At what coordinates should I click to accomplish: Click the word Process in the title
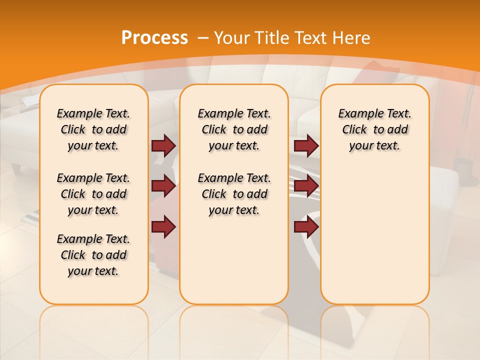coord(154,37)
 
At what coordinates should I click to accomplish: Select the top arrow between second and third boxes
coord(306,145)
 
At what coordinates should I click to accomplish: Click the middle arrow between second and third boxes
coord(306,186)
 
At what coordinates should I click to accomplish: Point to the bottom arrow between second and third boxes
coord(306,227)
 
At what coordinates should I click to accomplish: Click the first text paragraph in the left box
coord(93,129)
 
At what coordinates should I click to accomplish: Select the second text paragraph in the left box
coord(93,194)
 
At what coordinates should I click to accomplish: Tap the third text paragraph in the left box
coord(93,255)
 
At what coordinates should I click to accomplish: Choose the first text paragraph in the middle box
coord(234,129)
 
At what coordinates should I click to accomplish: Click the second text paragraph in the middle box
coord(234,194)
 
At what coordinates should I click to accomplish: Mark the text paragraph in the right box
coord(375,129)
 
